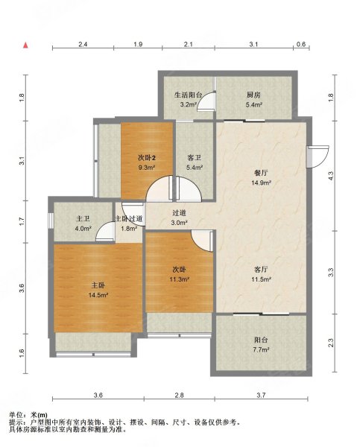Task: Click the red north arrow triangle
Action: pos(25,45)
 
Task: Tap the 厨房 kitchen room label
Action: pos(253,95)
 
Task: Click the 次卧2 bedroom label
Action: pos(147,158)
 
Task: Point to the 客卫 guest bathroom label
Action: pos(195,158)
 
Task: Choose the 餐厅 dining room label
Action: pos(261,173)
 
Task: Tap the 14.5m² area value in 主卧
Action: pos(98,295)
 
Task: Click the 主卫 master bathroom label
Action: pos(83,218)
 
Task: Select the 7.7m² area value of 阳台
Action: pos(261,349)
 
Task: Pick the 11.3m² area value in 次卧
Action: pos(180,279)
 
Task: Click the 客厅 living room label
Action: pos(261,269)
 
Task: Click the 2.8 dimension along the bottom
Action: pos(180,395)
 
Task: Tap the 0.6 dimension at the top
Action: pos(301,44)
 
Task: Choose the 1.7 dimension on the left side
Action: pos(23,222)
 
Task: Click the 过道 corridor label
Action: pos(180,212)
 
